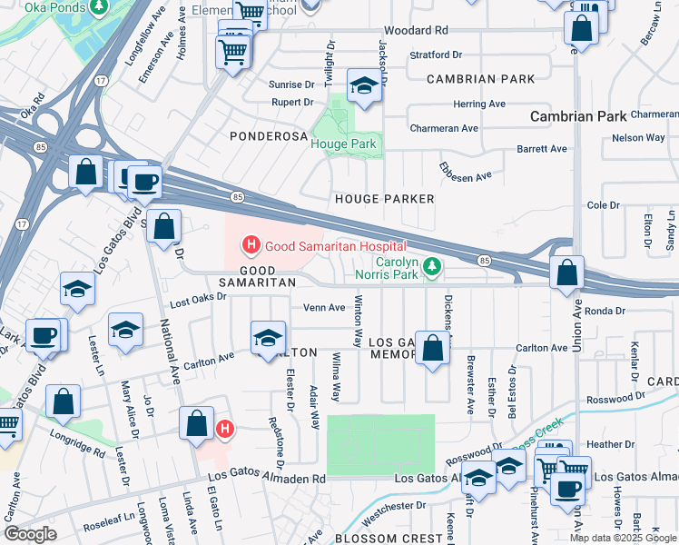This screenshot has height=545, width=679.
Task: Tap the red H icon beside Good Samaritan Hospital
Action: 249,245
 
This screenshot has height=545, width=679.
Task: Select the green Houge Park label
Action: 343,144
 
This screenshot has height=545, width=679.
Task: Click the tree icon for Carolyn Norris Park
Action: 435,265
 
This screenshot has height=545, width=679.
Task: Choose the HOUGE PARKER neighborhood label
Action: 384,198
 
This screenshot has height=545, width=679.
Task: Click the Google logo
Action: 30,534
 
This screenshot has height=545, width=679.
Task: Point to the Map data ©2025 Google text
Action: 622,538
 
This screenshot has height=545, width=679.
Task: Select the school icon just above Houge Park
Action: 364,87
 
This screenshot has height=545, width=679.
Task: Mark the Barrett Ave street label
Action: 541,149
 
